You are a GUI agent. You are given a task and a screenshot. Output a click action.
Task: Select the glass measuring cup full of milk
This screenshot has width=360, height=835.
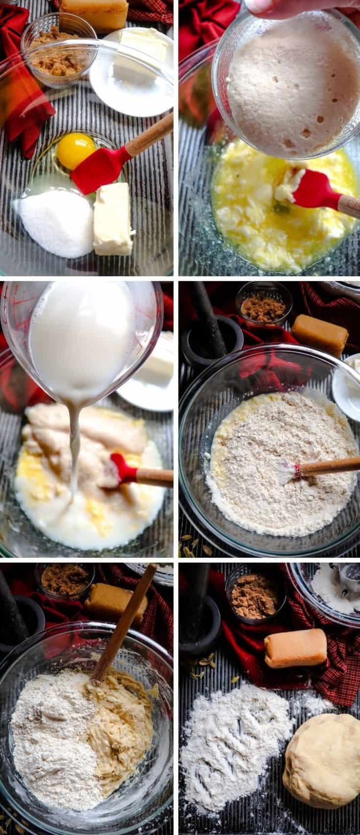(x=83, y=343)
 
